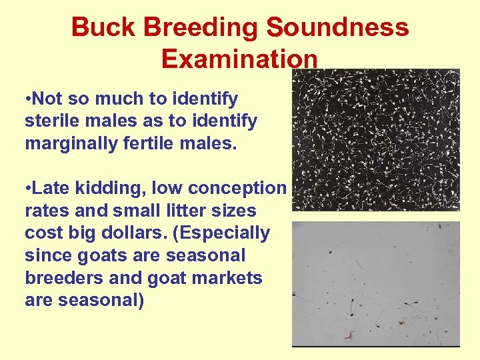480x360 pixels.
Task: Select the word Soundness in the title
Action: tap(337, 28)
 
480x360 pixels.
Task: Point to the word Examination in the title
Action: tap(239, 59)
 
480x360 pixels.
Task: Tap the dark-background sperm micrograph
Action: tap(376, 140)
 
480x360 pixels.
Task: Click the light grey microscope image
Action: tap(376, 283)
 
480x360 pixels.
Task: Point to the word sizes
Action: tap(232, 211)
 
